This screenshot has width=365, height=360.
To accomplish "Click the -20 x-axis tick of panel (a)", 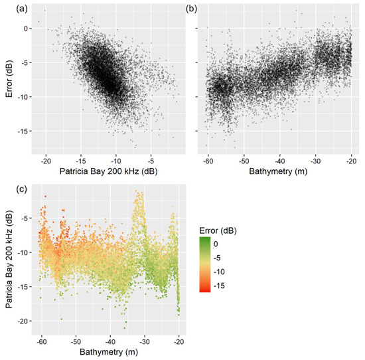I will [x=46, y=160].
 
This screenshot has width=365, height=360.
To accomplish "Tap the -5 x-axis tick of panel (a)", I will [x=151, y=160].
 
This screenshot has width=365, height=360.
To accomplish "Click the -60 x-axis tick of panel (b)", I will [x=207, y=160].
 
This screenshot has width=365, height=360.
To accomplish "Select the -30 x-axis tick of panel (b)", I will [x=315, y=160].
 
